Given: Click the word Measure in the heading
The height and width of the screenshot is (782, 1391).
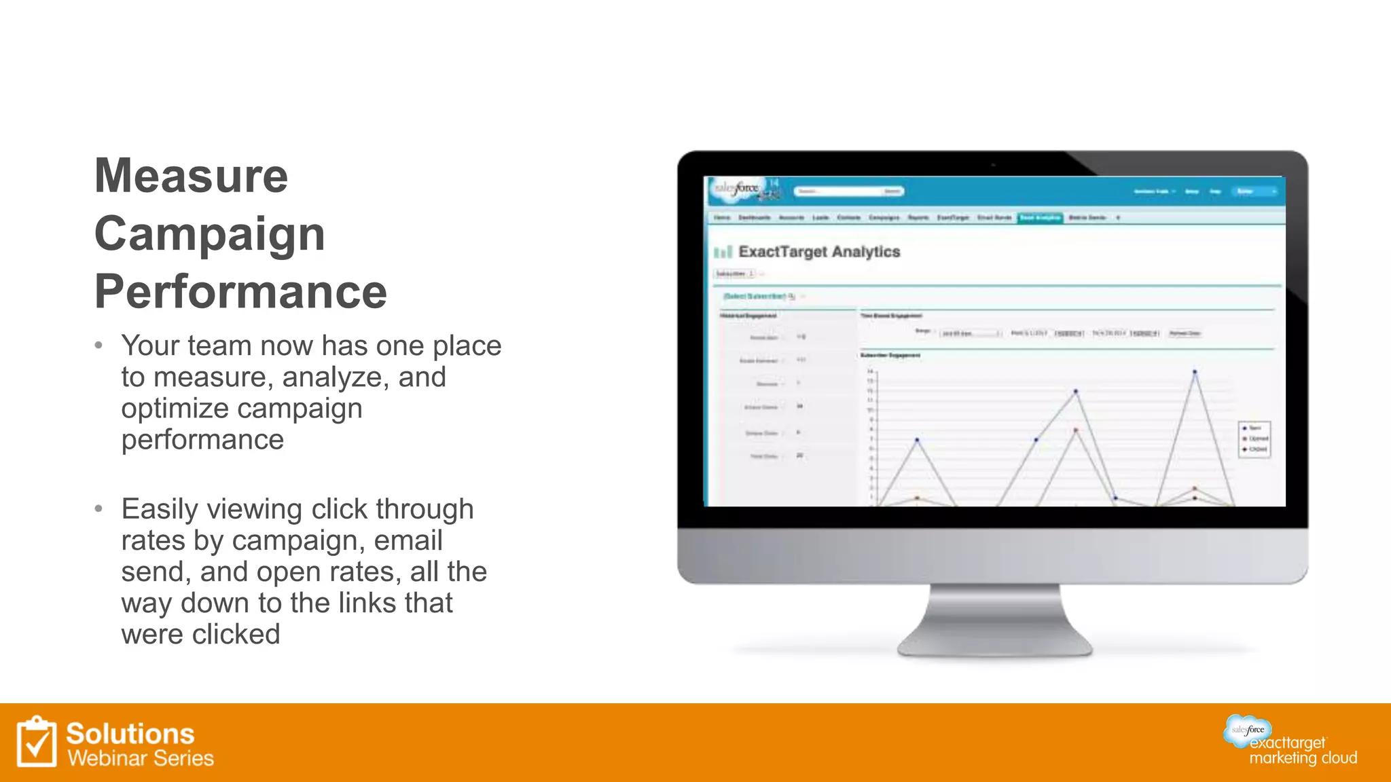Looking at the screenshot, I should click(x=191, y=176).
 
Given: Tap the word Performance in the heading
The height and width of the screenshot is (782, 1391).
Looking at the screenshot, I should click(x=240, y=292).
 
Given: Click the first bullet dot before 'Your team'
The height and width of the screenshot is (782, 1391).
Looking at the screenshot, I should click(x=99, y=346).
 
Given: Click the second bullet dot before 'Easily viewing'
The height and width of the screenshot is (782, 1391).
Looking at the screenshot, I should click(x=99, y=508).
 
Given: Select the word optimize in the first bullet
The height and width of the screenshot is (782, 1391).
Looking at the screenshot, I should click(x=175, y=409).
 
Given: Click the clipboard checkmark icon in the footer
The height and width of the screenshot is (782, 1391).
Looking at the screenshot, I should click(x=36, y=742).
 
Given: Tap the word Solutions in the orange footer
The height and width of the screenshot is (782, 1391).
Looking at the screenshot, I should click(x=130, y=734).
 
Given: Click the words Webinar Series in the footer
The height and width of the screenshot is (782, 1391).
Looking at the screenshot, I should click(x=140, y=758).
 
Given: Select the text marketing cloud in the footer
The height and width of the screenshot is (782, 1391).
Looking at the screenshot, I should click(x=1303, y=758).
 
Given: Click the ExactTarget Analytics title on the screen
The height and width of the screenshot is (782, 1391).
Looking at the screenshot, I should click(x=818, y=252).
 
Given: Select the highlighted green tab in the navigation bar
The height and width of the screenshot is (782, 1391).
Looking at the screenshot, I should click(x=1040, y=217).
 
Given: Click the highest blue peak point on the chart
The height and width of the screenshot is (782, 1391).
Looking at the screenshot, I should click(x=1195, y=372).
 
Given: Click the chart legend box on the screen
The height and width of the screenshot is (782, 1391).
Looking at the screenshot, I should click(x=1254, y=439).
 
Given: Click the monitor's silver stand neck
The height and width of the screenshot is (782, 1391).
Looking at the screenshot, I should click(x=994, y=614).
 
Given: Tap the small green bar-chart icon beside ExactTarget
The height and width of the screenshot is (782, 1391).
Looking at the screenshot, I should click(x=723, y=253).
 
